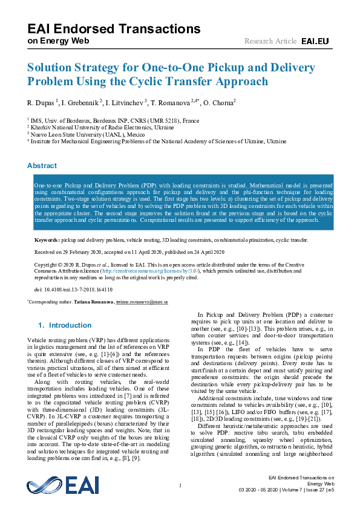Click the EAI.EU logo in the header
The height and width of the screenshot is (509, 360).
[315, 41]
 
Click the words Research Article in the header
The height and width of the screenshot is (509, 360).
[270, 41]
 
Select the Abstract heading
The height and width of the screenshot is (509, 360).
[43, 166]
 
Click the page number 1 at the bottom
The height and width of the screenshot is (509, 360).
[180, 485]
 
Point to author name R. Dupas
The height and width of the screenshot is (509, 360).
[42, 102]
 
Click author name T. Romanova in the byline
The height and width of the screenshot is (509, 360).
[172, 102]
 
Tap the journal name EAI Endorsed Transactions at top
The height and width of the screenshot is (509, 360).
[114, 28]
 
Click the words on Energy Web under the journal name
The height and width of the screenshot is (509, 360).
[59, 41]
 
